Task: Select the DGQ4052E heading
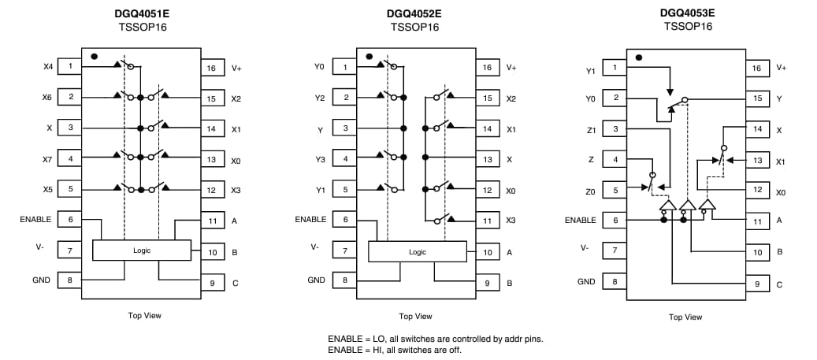tap(414, 13)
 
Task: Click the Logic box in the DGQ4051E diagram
tap(142, 251)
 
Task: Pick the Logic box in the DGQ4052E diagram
tap(417, 251)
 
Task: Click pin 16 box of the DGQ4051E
tap(211, 68)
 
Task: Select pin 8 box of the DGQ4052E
tap(345, 280)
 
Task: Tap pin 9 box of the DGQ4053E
tap(757, 284)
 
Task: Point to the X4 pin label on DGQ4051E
tap(48, 66)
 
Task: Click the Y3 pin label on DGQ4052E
tap(319, 158)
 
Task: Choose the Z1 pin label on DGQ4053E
tap(591, 130)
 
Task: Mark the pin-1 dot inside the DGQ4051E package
tap(95, 57)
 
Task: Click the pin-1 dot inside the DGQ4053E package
tap(639, 58)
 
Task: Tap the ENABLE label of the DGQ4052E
tap(310, 220)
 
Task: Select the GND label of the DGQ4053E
tap(586, 281)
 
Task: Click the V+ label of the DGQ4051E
tap(237, 68)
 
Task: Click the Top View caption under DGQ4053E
tap(685, 317)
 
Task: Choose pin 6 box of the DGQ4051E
tap(70, 220)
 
